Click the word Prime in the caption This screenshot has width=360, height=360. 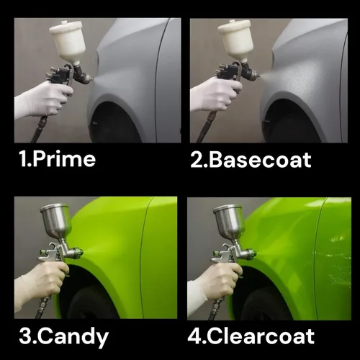[x=64, y=159]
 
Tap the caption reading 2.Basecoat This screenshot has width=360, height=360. [x=251, y=159]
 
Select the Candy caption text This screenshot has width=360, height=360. [x=73, y=338]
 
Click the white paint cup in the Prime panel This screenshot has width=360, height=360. [x=68, y=42]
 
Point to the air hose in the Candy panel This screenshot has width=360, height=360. [x=43, y=307]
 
